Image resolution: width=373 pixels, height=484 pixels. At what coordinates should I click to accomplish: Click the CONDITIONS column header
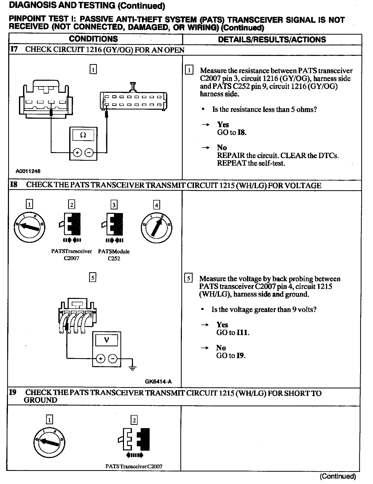(x=93, y=39)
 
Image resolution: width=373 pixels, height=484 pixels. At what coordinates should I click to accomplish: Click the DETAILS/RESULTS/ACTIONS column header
(x=272, y=39)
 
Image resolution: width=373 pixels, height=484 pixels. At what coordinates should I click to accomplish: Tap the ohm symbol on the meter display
(x=83, y=135)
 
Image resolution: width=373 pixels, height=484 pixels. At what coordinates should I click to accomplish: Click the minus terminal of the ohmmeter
(x=89, y=153)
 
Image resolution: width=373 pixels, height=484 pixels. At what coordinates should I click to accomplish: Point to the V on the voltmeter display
(x=107, y=340)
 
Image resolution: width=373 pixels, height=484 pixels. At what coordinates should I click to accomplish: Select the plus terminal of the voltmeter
(x=100, y=359)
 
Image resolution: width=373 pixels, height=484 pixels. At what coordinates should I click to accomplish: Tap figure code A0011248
(x=28, y=171)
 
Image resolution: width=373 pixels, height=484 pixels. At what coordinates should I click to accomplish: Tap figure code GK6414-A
(x=158, y=382)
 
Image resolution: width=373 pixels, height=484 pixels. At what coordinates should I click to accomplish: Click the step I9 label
(x=13, y=393)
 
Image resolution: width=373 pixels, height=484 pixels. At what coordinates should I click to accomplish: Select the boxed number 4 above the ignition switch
(x=156, y=205)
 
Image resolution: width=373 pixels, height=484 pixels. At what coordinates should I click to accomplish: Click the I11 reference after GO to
(x=243, y=333)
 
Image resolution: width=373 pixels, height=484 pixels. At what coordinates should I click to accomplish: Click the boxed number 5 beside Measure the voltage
(x=189, y=279)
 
